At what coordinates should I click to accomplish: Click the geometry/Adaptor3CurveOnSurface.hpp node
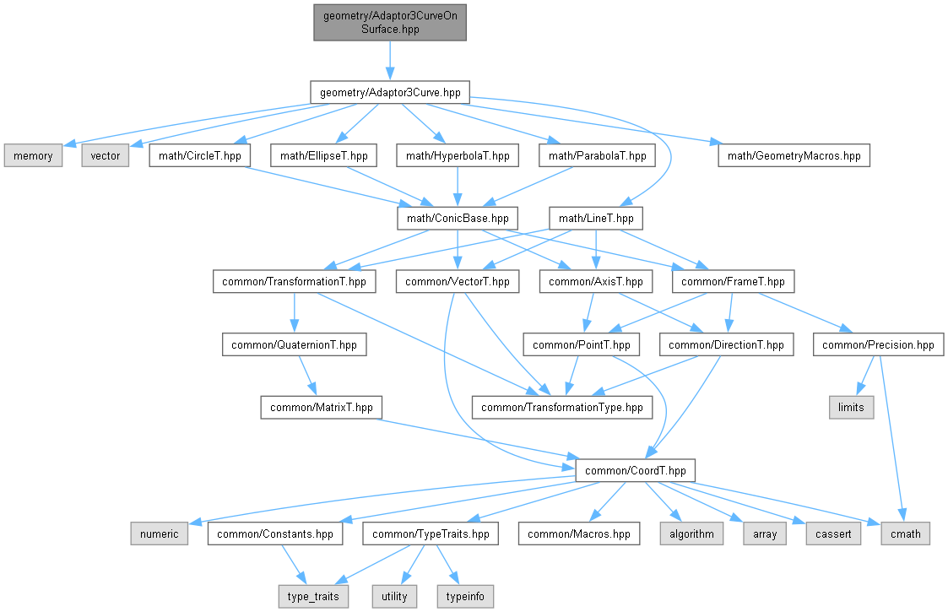tap(390, 23)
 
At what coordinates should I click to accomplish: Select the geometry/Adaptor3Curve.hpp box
tap(390, 93)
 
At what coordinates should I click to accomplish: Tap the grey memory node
tap(33, 155)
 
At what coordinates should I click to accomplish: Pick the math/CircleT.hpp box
tap(199, 155)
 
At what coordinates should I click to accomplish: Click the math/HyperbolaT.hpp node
tap(458, 155)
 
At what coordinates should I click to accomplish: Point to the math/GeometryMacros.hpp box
tap(794, 155)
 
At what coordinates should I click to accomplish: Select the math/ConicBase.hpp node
tap(458, 219)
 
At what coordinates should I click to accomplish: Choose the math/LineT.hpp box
tap(596, 219)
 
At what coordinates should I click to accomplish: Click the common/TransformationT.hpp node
tap(294, 281)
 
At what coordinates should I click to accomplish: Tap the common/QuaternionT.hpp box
tap(294, 344)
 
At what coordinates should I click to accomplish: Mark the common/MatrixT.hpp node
tap(321, 407)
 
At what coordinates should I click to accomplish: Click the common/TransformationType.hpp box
tap(562, 407)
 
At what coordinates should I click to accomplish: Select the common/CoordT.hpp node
tap(636, 470)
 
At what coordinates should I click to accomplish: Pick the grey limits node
tap(851, 407)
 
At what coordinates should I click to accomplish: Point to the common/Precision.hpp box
tap(879, 344)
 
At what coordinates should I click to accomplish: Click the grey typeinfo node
tap(465, 596)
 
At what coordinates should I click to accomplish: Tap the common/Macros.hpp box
tap(578, 533)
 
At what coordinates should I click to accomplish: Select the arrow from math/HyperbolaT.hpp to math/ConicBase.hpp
tap(458, 187)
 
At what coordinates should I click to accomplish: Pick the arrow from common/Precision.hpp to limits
tap(865, 376)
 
